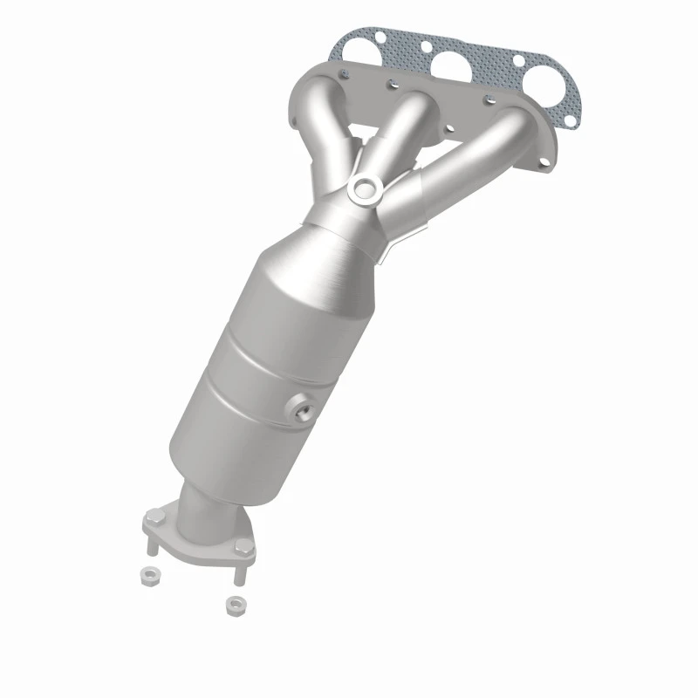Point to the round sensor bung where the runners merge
coord(362,187)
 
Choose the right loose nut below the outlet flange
coord(233,603)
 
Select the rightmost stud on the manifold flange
coord(516,106)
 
